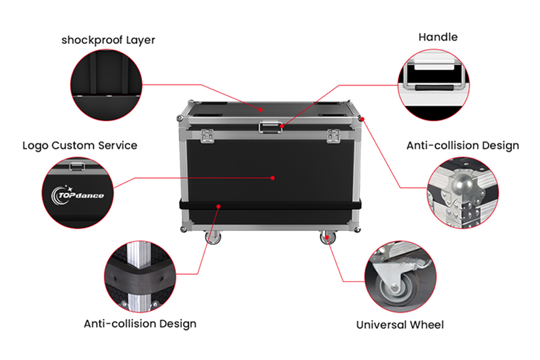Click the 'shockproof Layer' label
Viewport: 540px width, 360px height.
[x=108, y=40]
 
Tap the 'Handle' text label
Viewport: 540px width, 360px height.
[x=438, y=37]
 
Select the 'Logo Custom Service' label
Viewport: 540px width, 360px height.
[x=80, y=145]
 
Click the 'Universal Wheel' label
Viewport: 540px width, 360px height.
[x=400, y=325]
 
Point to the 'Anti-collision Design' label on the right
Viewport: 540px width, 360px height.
[x=463, y=145]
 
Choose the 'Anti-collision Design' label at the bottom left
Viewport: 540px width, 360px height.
[x=140, y=323]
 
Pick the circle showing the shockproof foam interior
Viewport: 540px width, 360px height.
[x=106, y=83]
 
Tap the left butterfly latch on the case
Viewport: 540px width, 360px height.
[x=208, y=136]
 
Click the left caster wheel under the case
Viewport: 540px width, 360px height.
[x=214, y=238]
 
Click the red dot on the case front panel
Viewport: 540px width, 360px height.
[x=272, y=177]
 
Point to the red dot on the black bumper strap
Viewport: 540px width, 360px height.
[x=219, y=206]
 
